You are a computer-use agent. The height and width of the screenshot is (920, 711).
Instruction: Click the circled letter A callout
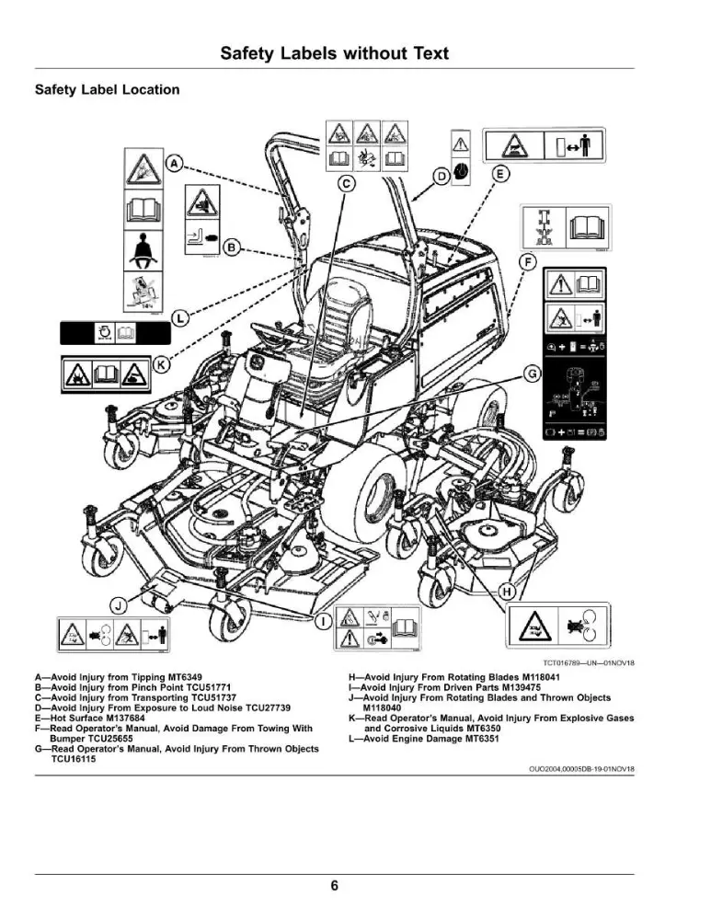(174, 163)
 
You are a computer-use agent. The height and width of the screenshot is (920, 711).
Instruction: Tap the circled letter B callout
(233, 247)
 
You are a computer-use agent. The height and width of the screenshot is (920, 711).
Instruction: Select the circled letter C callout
(347, 184)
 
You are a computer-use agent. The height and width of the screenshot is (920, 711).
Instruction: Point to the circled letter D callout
(442, 176)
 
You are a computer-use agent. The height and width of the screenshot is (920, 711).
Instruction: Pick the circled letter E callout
(499, 174)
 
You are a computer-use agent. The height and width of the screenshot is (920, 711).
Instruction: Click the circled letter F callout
(529, 261)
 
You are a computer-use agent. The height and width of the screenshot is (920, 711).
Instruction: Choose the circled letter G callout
(532, 374)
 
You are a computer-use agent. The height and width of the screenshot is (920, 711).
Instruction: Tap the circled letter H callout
(507, 591)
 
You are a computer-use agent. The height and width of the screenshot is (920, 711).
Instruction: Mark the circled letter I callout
(322, 621)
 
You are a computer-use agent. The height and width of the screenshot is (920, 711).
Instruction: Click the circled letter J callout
(119, 605)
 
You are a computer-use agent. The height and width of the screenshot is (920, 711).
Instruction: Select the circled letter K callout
(161, 364)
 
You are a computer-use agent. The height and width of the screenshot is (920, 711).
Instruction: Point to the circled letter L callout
(179, 318)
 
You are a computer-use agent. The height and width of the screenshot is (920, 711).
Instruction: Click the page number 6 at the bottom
(335, 885)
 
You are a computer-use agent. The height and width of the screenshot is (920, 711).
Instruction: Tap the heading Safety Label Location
(108, 90)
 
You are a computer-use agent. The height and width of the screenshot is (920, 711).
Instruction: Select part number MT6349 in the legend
(184, 677)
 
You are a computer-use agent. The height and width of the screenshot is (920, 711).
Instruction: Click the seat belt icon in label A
(143, 250)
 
